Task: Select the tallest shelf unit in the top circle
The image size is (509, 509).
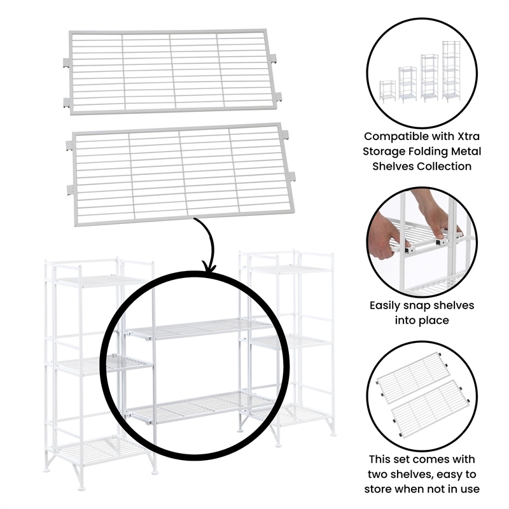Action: pyautogui.click(x=450, y=71)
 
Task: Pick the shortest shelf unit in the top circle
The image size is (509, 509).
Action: pyautogui.click(x=387, y=90)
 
